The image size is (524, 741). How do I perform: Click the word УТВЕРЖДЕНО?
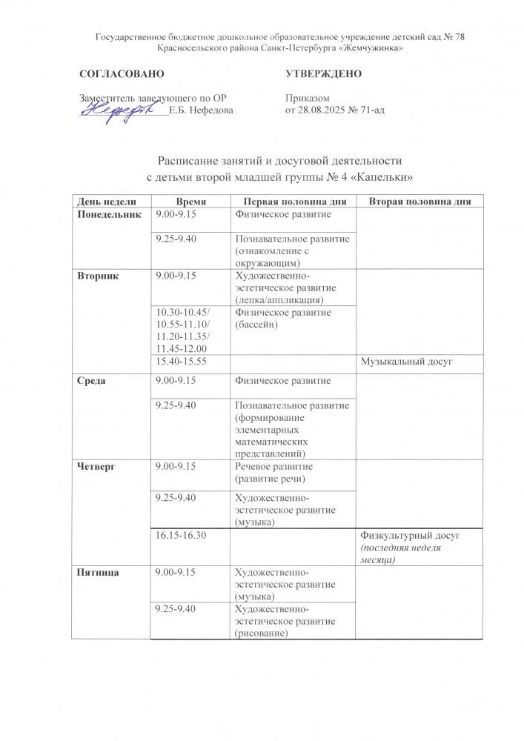(323, 75)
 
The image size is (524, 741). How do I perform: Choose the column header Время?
(191, 202)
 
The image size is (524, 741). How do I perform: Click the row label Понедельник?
(109, 214)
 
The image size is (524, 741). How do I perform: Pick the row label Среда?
(93, 380)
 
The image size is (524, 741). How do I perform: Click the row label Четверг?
(97, 467)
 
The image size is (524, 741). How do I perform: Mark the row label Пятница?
(100, 573)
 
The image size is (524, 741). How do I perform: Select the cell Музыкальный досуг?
(405, 361)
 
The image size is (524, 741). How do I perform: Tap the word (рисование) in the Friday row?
(261, 633)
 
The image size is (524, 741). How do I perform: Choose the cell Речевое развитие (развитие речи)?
(273, 473)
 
